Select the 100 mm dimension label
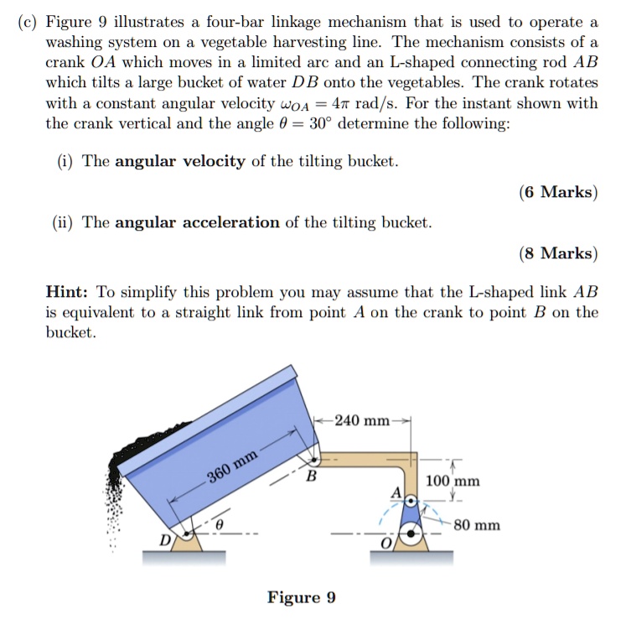[x=453, y=482]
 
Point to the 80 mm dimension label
[x=476, y=525]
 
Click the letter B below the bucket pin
[x=311, y=478]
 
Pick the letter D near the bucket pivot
[x=166, y=539]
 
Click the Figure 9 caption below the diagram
[x=302, y=597]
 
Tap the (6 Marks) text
[x=558, y=192]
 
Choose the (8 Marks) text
[x=558, y=253]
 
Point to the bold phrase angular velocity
[x=180, y=161]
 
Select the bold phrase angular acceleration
[x=197, y=222]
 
